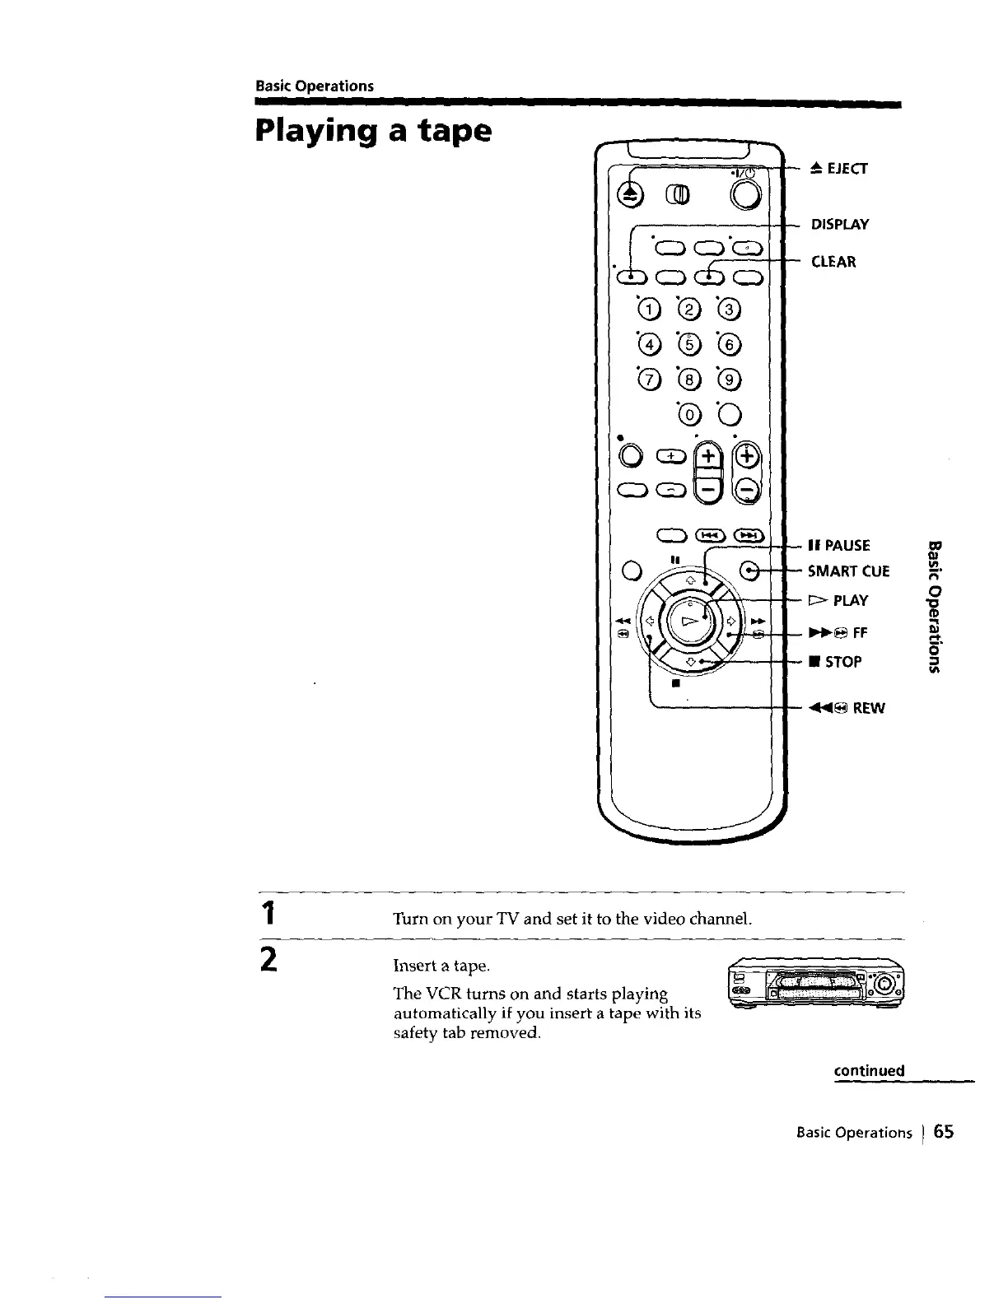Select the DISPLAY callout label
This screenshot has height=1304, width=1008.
pyautogui.click(x=840, y=225)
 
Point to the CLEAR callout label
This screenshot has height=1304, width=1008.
pyautogui.click(x=833, y=262)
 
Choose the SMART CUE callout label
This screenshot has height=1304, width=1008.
pyautogui.click(x=848, y=570)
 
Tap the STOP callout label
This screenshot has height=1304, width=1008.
pyautogui.click(x=835, y=662)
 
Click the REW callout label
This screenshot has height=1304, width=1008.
pyautogui.click(x=847, y=708)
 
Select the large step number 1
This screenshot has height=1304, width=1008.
pyautogui.click(x=265, y=915)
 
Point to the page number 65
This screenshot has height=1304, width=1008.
pyautogui.click(x=944, y=1132)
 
